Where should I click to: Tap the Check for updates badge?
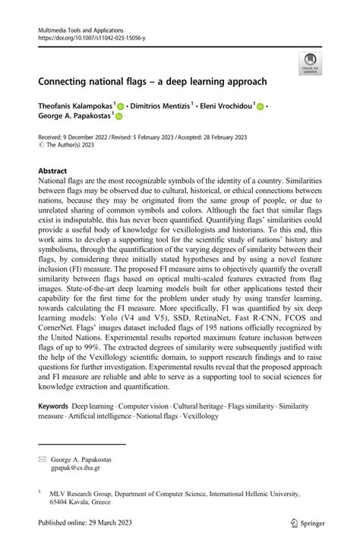pos(309,64)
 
